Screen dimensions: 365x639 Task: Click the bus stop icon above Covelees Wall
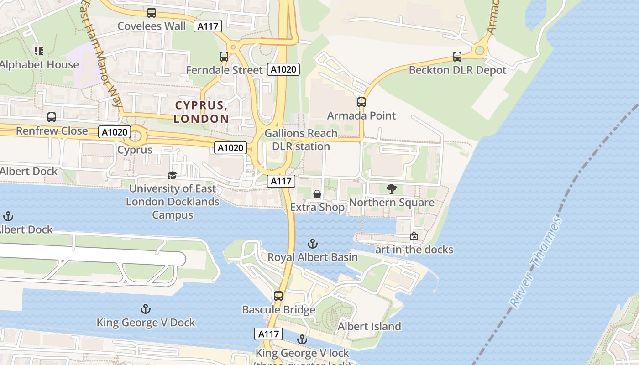pos(152,13)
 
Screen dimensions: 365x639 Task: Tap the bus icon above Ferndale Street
pos(224,57)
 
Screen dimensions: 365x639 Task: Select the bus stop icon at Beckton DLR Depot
pos(457,57)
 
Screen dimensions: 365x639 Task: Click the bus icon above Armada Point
pos(361,102)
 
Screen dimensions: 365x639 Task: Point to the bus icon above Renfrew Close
pos(52,117)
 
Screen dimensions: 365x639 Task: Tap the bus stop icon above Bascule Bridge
pos(278,296)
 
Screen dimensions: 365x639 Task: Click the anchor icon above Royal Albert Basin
pos(313,244)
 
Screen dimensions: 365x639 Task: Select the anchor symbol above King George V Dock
pos(146,309)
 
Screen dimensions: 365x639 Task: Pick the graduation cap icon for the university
pos(173,175)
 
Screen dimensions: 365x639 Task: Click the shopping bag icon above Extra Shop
pos(317,194)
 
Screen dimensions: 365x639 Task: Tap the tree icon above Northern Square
pos(392,188)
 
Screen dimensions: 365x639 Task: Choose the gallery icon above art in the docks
pos(414,236)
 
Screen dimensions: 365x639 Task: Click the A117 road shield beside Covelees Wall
pos(208,26)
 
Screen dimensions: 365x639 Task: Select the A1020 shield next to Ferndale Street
pos(283,69)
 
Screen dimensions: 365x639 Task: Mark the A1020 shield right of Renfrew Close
pos(115,132)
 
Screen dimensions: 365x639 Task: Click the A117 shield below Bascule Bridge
pos(268,334)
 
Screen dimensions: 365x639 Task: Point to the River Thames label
pos(537,262)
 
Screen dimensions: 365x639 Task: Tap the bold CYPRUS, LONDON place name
pos(202,112)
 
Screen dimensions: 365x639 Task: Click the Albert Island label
pos(369,326)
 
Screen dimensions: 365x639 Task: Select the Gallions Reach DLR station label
pos(301,140)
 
